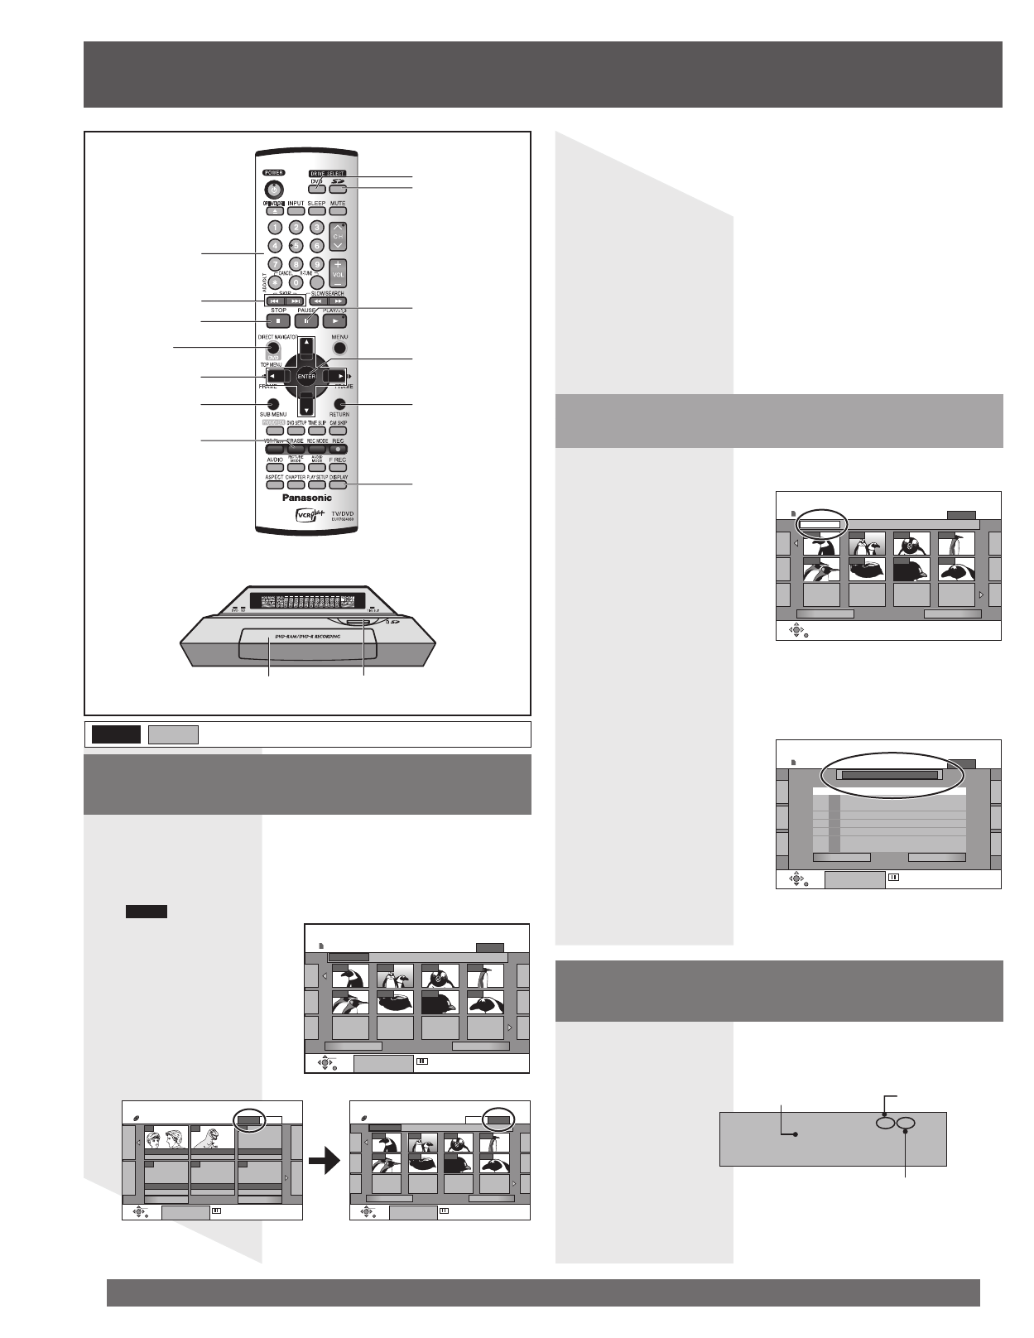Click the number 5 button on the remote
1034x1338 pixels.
[x=296, y=245]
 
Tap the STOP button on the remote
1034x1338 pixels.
[x=278, y=321]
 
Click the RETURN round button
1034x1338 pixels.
[x=339, y=403]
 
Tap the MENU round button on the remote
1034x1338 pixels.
[x=339, y=348]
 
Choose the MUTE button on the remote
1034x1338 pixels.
[x=338, y=211]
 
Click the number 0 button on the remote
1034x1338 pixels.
[x=296, y=282]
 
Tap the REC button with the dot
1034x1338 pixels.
[x=338, y=449]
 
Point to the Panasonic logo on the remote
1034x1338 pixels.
[x=307, y=498]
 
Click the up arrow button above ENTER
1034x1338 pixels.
[x=306, y=343]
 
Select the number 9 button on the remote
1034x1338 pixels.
[x=316, y=264]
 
